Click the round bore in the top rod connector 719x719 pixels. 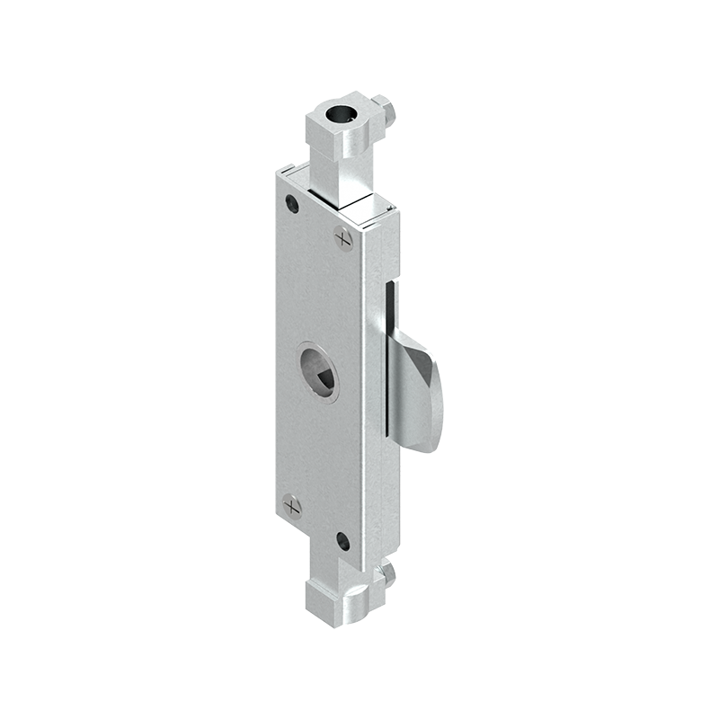pyautogui.click(x=342, y=114)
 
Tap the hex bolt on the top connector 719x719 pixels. pyautogui.click(x=387, y=111)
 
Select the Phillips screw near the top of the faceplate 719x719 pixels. pyautogui.click(x=343, y=237)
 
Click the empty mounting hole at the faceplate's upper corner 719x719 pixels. pyautogui.click(x=292, y=203)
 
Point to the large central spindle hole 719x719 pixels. pyautogui.click(x=320, y=369)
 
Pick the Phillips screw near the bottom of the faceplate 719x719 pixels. pyautogui.click(x=292, y=505)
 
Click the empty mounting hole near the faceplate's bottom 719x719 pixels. pyautogui.click(x=342, y=541)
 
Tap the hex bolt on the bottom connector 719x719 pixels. pyautogui.click(x=387, y=572)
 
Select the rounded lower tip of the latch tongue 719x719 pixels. pyautogui.click(x=430, y=440)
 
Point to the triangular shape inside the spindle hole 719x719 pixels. pyautogui.click(x=323, y=375)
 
